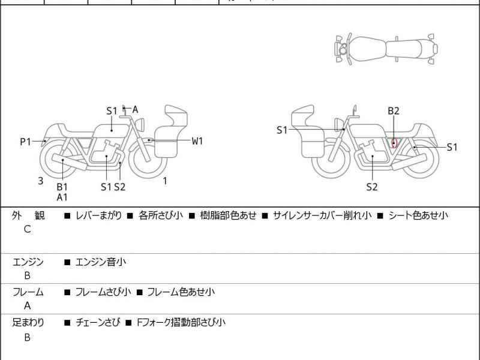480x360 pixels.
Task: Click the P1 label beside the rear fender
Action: click(x=25, y=142)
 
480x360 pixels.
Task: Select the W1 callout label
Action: click(x=197, y=141)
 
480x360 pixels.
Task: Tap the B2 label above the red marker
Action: click(x=394, y=111)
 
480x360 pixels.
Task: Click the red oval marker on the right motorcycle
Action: click(x=394, y=143)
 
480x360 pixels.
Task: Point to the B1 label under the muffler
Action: click(x=62, y=187)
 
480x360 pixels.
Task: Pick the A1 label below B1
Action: click(x=62, y=197)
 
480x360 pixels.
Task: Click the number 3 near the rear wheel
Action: click(x=40, y=181)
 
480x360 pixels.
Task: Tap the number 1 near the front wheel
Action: click(x=165, y=181)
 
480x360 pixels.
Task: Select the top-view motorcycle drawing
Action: click(x=385, y=49)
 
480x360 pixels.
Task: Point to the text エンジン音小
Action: click(x=100, y=262)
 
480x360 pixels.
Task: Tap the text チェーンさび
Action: click(x=96, y=323)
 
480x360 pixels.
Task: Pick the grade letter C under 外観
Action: click(x=27, y=229)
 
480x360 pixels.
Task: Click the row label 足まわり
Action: click(x=28, y=323)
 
